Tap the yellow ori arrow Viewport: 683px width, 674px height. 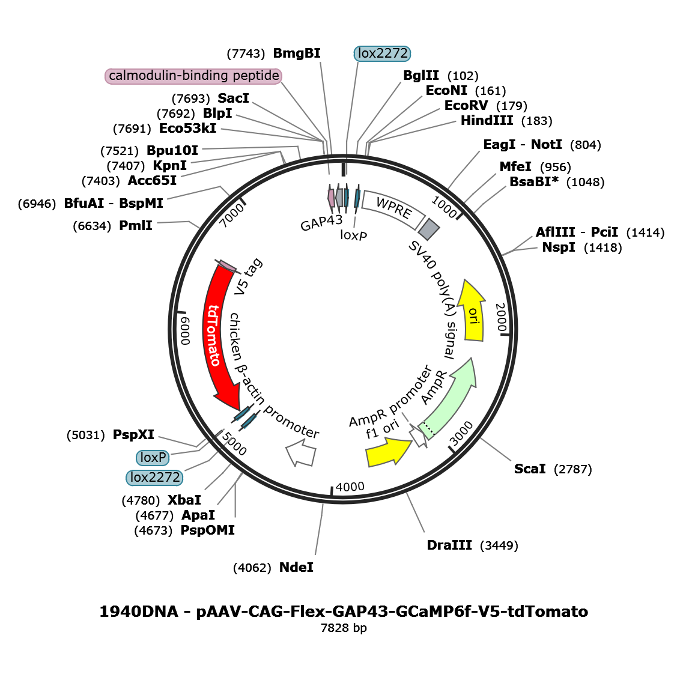[473, 315]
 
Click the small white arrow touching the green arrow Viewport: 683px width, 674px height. [418, 435]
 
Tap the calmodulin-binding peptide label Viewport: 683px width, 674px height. [193, 76]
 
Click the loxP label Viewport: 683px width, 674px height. [153, 458]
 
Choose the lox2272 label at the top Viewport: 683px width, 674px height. [382, 53]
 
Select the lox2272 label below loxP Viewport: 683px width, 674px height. [154, 478]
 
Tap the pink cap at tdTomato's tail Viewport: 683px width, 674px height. [228, 266]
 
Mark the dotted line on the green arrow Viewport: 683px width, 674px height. [427, 427]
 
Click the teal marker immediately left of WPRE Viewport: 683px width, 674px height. [357, 197]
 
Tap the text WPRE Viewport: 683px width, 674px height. [393, 208]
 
